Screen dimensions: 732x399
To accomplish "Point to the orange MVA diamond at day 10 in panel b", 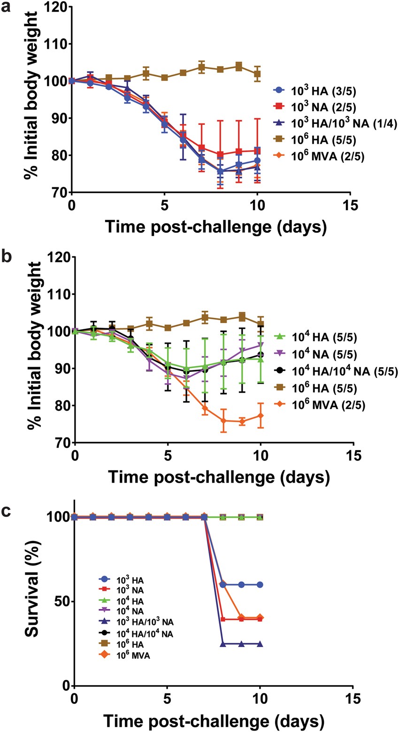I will tap(260, 415).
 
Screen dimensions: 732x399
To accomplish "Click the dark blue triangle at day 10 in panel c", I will tap(260, 644).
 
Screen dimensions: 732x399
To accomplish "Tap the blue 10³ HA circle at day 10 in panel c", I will tap(260, 584).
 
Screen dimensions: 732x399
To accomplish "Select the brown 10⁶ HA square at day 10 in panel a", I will tap(257, 74).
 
